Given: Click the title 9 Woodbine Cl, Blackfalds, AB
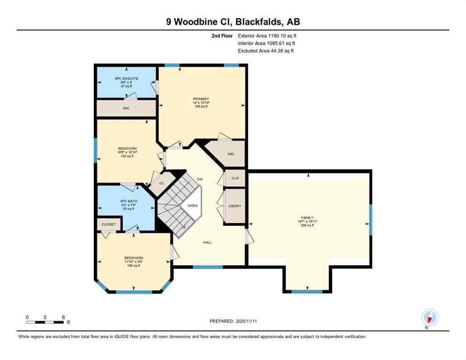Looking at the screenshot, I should coord(233,22).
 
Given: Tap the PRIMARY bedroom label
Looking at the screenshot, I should coord(201,99).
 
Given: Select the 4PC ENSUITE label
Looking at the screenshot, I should coord(126,78).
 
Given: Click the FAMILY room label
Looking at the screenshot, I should coord(307,217).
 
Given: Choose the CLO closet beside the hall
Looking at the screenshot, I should coord(235,178).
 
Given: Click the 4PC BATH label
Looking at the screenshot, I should coord(126,201).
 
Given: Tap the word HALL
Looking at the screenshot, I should coord(207,242).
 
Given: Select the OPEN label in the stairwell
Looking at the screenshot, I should coord(192,206).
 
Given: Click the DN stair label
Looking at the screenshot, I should coord(200,180).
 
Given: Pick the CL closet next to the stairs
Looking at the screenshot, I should coord(161,183).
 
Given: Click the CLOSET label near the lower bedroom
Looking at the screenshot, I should coord(108,225).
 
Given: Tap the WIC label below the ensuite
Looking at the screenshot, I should coord(126,108).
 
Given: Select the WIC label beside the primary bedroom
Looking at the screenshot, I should coord(230,154).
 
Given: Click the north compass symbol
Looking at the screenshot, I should coord(429,317).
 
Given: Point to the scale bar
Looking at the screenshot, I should coord(45,322).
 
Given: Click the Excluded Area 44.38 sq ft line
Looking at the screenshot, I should coord(266,51).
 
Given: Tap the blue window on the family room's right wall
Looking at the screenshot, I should coord(370,219).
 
